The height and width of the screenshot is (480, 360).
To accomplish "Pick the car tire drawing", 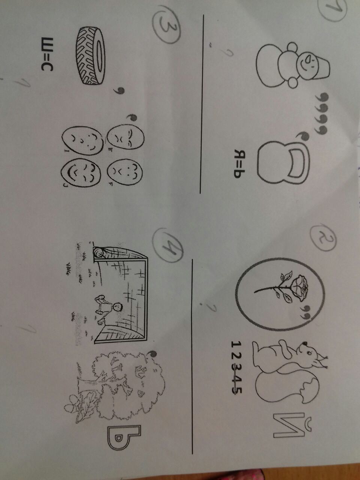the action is [90, 55].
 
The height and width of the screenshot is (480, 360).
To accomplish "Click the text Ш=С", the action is [47, 54].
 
